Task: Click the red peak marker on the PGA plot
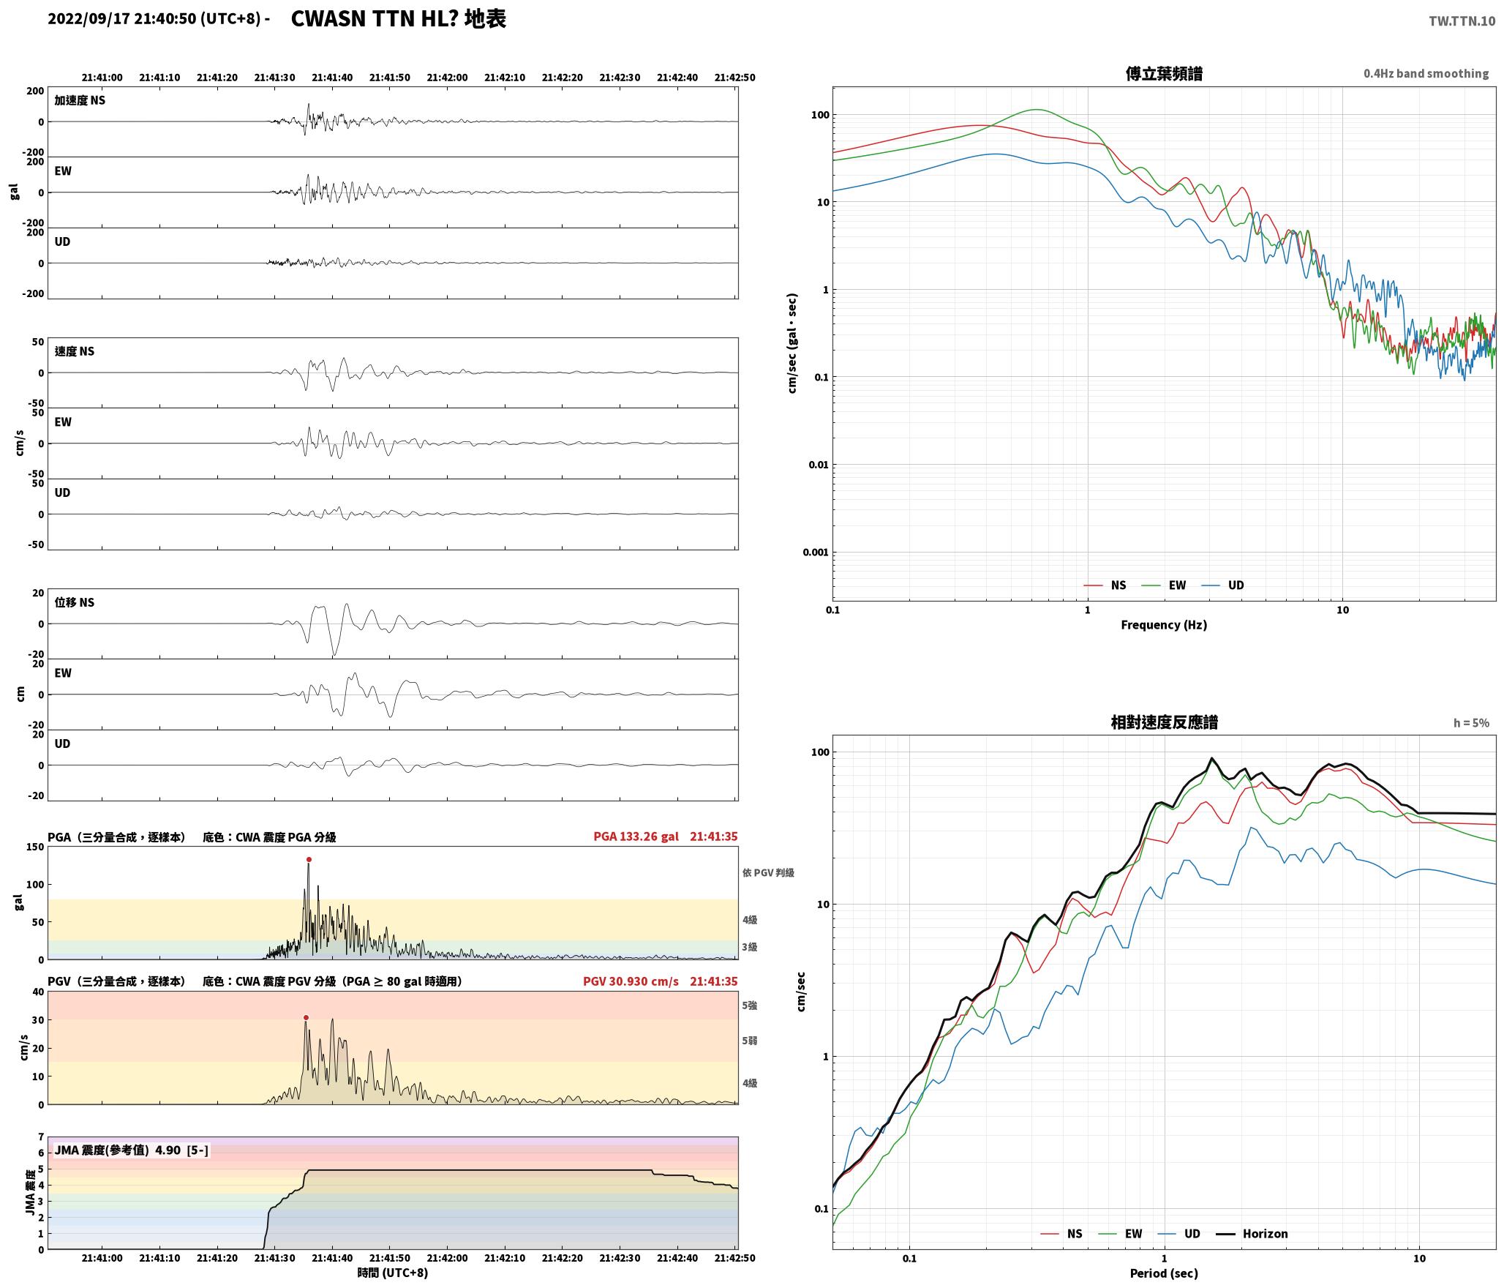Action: click(309, 860)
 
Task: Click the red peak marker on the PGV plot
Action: click(306, 1018)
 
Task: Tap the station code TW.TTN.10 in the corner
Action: click(1462, 21)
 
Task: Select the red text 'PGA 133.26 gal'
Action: click(636, 836)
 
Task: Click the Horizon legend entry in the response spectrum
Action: click(1252, 1233)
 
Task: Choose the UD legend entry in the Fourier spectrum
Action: click(1223, 585)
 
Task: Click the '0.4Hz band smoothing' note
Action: click(1426, 74)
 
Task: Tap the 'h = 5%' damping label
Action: click(1471, 723)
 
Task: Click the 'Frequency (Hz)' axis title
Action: click(1164, 624)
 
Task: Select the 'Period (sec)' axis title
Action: click(1164, 1273)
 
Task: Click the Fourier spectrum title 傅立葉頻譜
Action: click(1164, 73)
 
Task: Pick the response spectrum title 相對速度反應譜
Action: click(1164, 722)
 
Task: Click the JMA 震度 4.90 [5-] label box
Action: click(132, 1150)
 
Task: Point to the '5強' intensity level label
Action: click(750, 1006)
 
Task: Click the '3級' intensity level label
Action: click(750, 947)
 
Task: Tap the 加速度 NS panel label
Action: click(80, 100)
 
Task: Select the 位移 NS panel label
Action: click(75, 602)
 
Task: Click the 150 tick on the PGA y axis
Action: click(35, 847)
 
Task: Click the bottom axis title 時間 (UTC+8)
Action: click(393, 1273)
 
